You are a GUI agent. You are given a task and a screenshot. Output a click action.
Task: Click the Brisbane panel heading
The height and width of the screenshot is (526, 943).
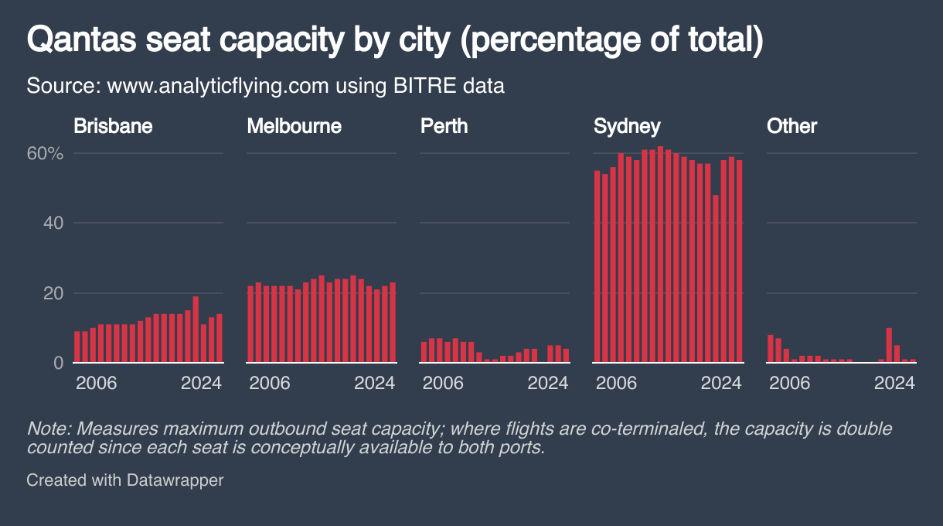pyautogui.click(x=113, y=126)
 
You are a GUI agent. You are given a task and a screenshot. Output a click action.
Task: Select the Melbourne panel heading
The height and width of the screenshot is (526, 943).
pyautogui.click(x=294, y=126)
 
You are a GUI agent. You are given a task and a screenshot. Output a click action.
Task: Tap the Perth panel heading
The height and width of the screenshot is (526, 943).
pyautogui.click(x=444, y=126)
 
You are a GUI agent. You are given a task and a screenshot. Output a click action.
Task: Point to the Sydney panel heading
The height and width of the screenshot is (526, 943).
pyautogui.click(x=627, y=126)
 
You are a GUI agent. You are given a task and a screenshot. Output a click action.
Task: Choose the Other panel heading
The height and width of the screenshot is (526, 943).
pyautogui.click(x=792, y=126)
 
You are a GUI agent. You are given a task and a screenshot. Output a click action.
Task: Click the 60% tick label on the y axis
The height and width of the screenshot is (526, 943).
pyautogui.click(x=45, y=153)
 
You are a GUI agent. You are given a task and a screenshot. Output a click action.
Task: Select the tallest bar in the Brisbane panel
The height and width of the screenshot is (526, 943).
pyautogui.click(x=196, y=329)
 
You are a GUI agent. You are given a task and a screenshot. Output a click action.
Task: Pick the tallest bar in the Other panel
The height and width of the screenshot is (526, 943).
pyautogui.click(x=889, y=345)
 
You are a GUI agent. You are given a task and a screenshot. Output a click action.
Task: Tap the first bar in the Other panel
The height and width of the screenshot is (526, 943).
pyautogui.click(x=771, y=348)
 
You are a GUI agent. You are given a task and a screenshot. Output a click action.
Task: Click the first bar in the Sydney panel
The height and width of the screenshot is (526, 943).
pyautogui.click(x=597, y=266)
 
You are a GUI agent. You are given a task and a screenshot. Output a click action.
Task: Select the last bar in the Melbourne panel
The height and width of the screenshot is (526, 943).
pyautogui.click(x=393, y=322)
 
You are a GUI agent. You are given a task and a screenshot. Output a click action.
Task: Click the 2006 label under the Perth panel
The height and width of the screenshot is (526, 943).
pyautogui.click(x=443, y=383)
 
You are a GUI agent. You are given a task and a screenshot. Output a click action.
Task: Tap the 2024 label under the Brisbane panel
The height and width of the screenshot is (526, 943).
pyautogui.click(x=201, y=383)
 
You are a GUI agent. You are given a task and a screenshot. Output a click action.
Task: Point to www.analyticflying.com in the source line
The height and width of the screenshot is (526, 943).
pyautogui.click(x=218, y=85)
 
